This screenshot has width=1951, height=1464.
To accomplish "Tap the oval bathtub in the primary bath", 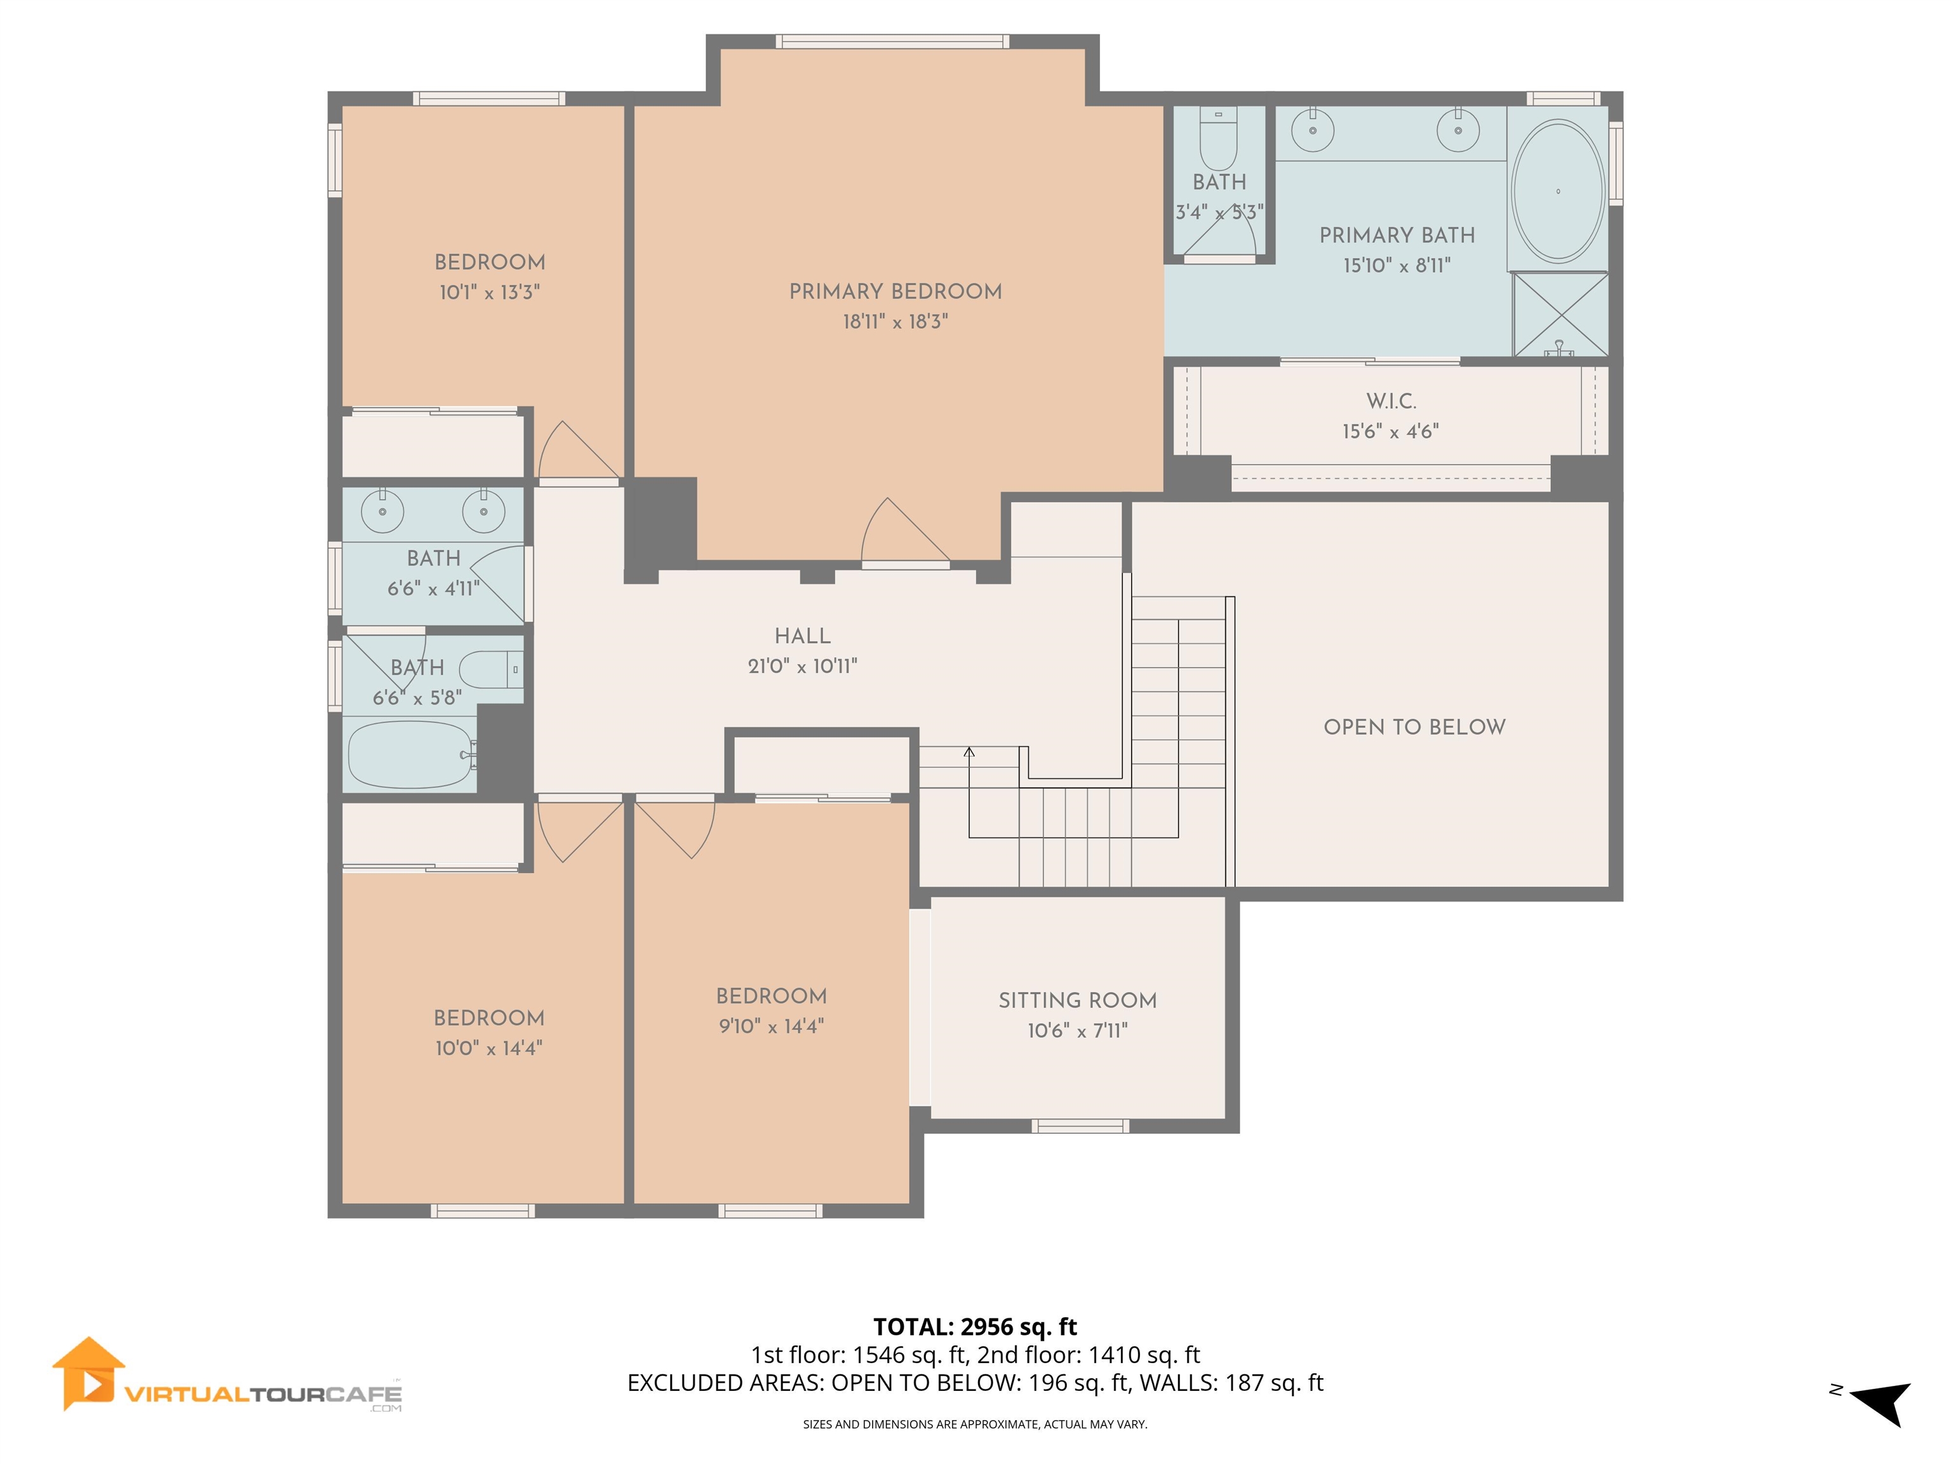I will pyautogui.click(x=1558, y=191).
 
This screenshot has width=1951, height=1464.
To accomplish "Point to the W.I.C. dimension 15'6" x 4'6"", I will pyautogui.click(x=1390, y=431).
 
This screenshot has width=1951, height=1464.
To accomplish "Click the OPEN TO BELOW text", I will pyautogui.click(x=1414, y=727).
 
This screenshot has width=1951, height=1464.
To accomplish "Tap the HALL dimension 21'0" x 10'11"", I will pyautogui.click(x=801, y=667).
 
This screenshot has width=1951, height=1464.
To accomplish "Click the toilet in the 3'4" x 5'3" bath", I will pyautogui.click(x=1219, y=141).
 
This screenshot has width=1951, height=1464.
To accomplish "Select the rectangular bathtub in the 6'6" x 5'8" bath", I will pyautogui.click(x=410, y=754).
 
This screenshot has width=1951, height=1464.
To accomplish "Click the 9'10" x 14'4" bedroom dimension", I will pyautogui.click(x=771, y=1026).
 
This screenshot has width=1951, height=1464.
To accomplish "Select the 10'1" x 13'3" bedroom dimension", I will pyautogui.click(x=490, y=292).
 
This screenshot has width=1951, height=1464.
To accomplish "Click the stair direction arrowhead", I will pyautogui.click(x=969, y=752).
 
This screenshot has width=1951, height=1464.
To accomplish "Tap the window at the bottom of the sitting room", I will pyautogui.click(x=1080, y=1126).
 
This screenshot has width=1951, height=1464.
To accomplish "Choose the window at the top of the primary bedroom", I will pyautogui.click(x=892, y=41).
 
